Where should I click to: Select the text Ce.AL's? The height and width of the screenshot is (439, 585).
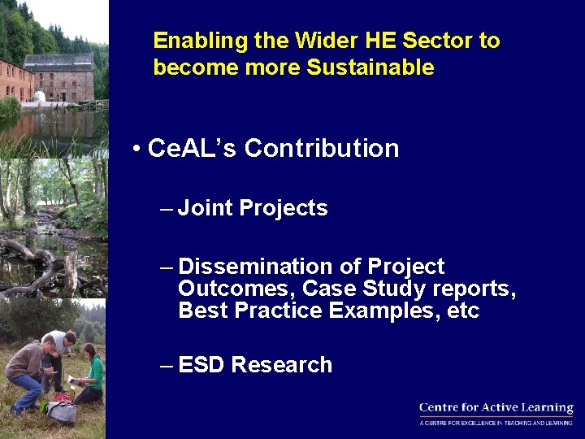(193, 149)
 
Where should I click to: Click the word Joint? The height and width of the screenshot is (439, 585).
(206, 209)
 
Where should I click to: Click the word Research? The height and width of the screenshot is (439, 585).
(282, 365)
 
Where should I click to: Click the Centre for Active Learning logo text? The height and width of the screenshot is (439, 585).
(496, 409)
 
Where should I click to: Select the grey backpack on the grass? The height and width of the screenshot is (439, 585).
(62, 411)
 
